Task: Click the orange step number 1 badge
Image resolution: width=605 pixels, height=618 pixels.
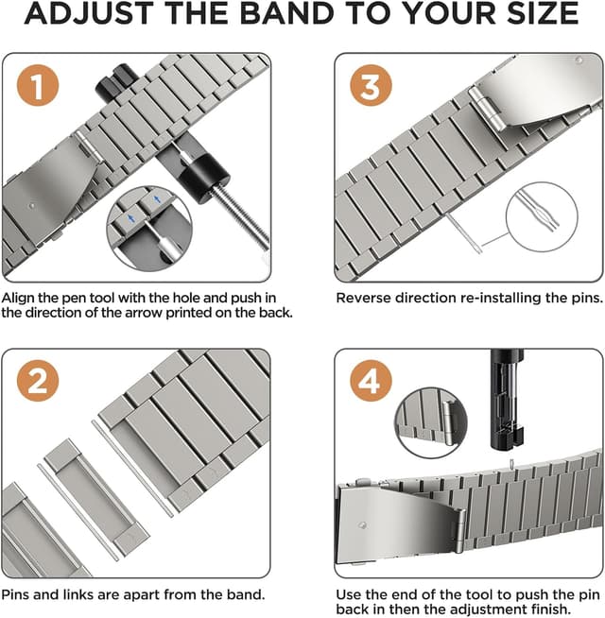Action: (37, 90)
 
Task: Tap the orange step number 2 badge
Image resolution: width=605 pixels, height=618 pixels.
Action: (37, 383)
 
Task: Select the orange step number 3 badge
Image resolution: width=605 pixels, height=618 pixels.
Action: (371, 89)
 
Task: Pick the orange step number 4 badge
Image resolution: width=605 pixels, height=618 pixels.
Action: (371, 382)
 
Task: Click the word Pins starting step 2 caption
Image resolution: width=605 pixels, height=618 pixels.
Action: (20, 595)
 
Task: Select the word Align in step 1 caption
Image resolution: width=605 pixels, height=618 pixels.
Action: (22, 298)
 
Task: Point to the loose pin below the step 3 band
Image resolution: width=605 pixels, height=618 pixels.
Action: (465, 234)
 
